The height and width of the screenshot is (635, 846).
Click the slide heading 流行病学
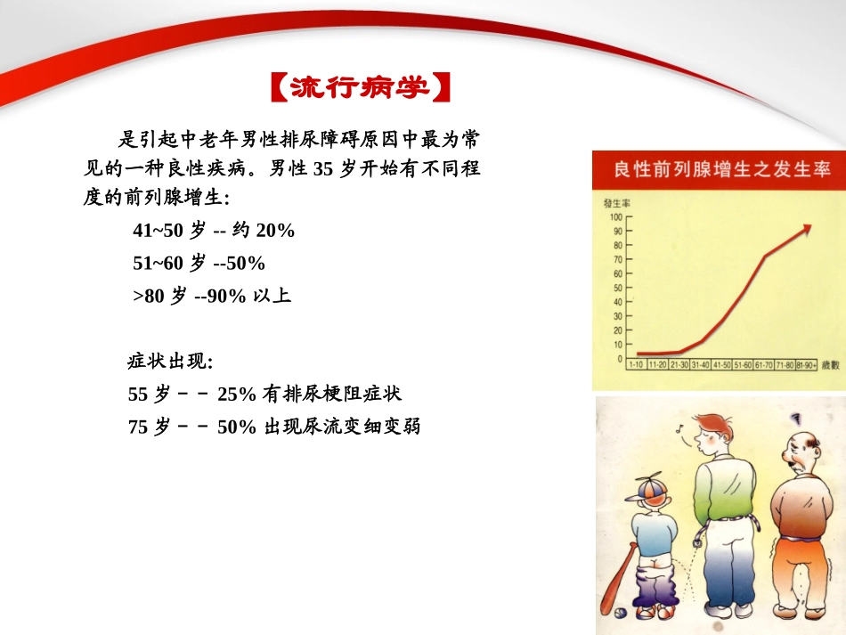point(360,87)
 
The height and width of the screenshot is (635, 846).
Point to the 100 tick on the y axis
point(617,216)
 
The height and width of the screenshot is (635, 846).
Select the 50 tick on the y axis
point(617,288)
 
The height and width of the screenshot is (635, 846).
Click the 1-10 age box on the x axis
point(636,364)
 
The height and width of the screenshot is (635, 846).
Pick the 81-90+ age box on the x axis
point(805,364)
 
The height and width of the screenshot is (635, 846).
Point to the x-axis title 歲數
point(831,364)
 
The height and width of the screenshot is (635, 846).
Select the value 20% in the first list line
point(274,231)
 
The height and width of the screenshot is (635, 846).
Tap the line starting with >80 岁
point(212,296)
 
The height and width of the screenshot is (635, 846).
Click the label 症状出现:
point(170,362)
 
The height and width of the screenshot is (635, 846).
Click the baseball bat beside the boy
point(621,577)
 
